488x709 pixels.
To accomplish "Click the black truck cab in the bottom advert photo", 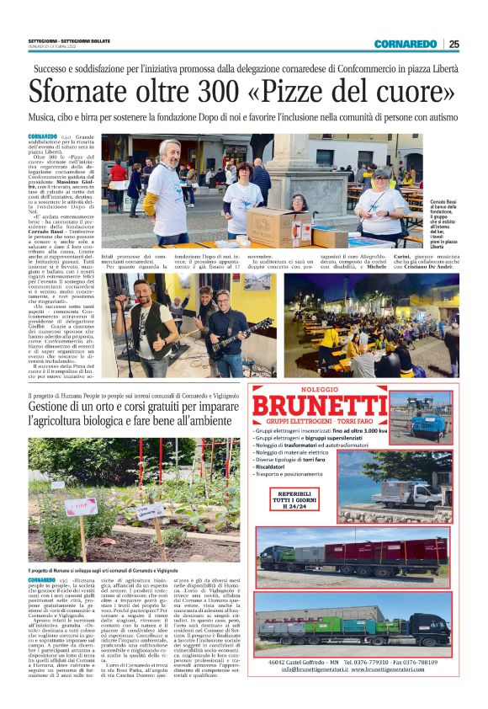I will (438, 624).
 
